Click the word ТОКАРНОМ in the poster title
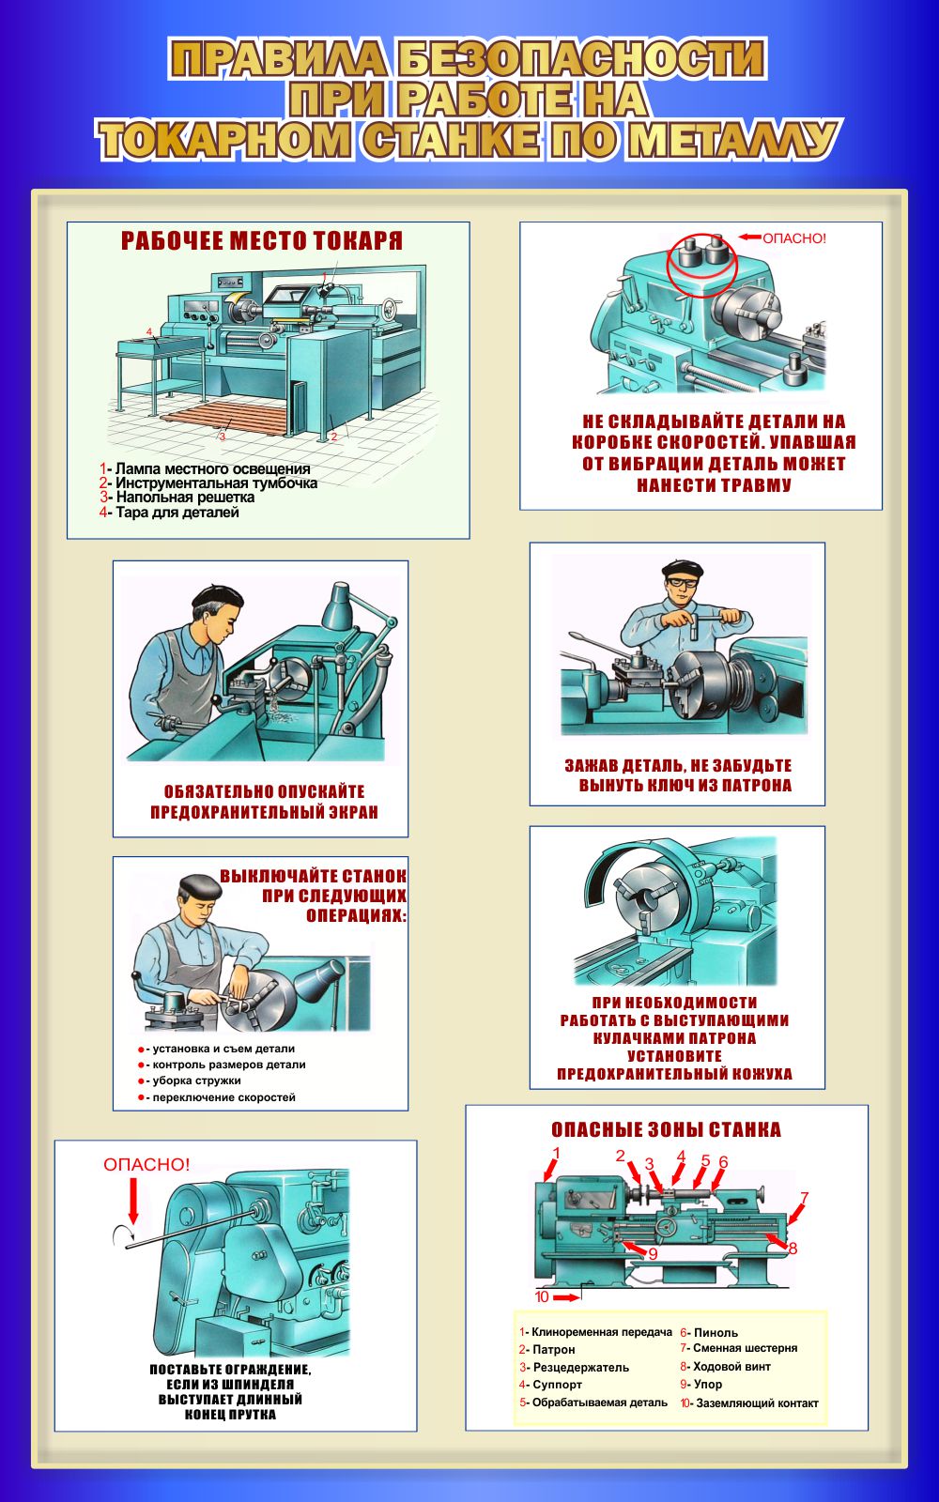tap(225, 140)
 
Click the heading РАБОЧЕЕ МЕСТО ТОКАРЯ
tap(262, 240)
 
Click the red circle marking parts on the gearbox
tap(701, 266)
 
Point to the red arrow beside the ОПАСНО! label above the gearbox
tap(750, 237)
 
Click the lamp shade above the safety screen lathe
tap(340, 605)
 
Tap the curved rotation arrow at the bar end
tap(122, 1234)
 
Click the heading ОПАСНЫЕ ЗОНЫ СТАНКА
tap(666, 1129)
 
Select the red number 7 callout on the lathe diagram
tap(804, 1197)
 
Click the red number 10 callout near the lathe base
tap(542, 1296)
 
